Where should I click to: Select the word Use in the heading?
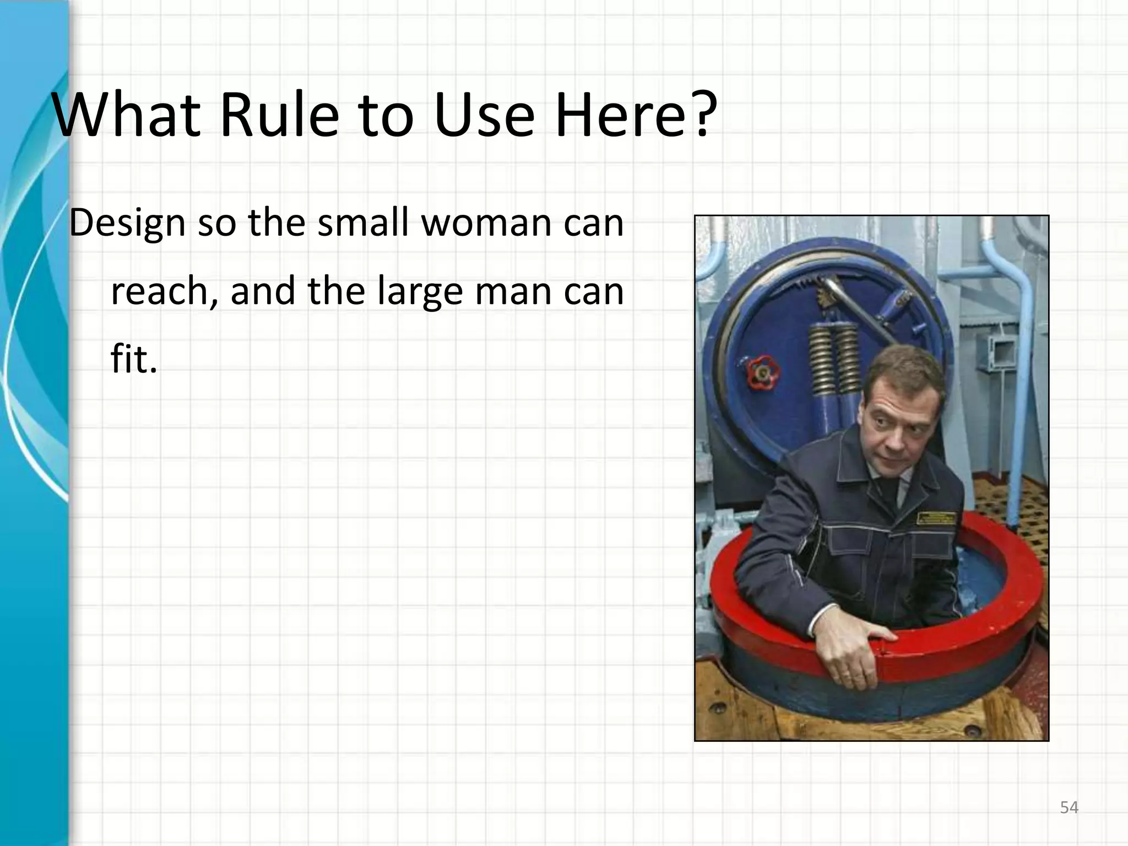coord(484,115)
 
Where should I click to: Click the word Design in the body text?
coord(127,224)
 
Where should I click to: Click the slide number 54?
coord(1069,807)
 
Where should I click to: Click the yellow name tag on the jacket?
coord(936,518)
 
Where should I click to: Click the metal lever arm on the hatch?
coord(859,308)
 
